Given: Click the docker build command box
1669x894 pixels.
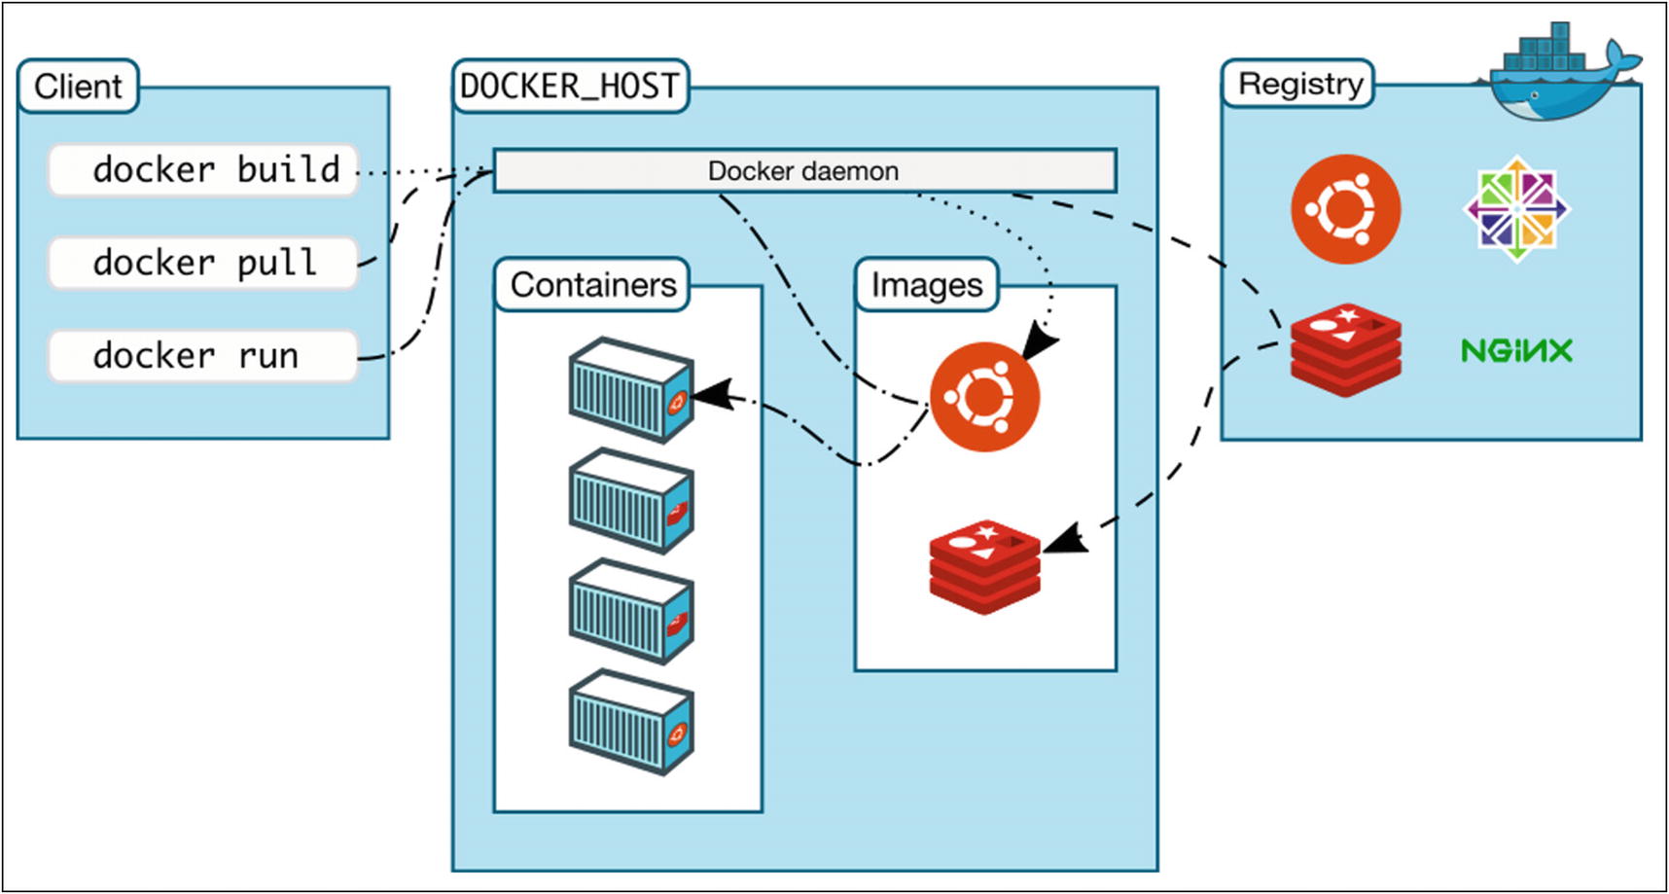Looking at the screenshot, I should pyautogui.click(x=203, y=170).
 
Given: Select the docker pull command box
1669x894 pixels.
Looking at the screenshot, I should pyautogui.click(x=203, y=263).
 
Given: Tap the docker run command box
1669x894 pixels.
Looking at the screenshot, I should pyautogui.click(x=203, y=356).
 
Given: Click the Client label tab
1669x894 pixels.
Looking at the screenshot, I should pyautogui.click(x=78, y=87).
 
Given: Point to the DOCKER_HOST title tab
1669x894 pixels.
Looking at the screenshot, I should pyautogui.click(x=570, y=87).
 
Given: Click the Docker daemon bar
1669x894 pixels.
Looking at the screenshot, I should pyautogui.click(x=803, y=171).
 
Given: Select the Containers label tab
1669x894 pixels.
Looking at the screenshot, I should pyautogui.click(x=592, y=285).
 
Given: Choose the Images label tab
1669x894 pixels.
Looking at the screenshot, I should pyautogui.click(x=926, y=285).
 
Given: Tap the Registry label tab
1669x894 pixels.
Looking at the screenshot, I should pyautogui.click(x=1298, y=85).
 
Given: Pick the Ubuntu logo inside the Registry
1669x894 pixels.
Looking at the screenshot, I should pyautogui.click(x=1345, y=209).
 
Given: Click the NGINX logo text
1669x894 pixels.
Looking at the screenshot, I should pyautogui.click(x=1516, y=350).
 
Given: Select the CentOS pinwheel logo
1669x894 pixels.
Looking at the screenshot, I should pyautogui.click(x=1516, y=209).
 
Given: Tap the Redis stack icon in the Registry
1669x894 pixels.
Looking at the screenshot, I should pyautogui.click(x=1345, y=348).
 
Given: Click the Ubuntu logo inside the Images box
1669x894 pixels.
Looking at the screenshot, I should pyautogui.click(x=984, y=397).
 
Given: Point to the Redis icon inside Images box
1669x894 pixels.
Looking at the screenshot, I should pyautogui.click(x=984, y=566).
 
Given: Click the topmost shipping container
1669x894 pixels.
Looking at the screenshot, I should pyautogui.click(x=631, y=389).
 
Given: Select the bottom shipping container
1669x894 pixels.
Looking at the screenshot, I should pyautogui.click(x=631, y=722).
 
